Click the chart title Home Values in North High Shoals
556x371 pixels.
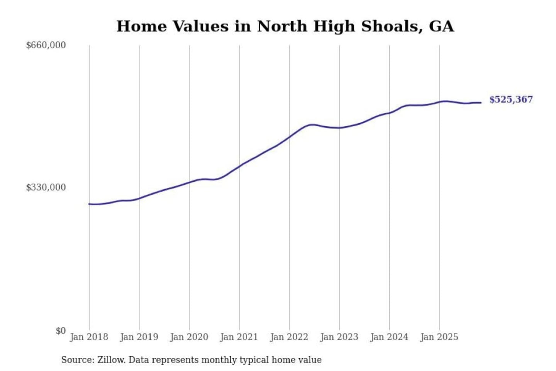tap(285, 26)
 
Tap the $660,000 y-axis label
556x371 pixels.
tap(46, 45)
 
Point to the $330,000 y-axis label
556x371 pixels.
tap(46, 187)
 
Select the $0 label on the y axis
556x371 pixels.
tap(61, 331)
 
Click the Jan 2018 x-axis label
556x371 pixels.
tap(89, 337)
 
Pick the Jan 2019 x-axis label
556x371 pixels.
tap(139, 337)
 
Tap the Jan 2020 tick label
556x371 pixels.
tap(189, 337)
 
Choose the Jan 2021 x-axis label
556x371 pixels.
tap(239, 337)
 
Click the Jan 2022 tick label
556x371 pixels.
tap(289, 337)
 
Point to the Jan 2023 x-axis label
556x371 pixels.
tap(339, 337)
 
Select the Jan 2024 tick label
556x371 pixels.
tap(389, 337)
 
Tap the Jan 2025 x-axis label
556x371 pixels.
tap(439, 337)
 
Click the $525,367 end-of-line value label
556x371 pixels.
tap(511, 100)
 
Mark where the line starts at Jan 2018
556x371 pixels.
tap(89, 204)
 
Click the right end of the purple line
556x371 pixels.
tap(481, 102)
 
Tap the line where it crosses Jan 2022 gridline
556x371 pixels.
tap(289, 136)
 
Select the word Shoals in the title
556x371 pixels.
tap(389, 26)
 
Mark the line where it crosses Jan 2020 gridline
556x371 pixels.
tap(189, 182)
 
